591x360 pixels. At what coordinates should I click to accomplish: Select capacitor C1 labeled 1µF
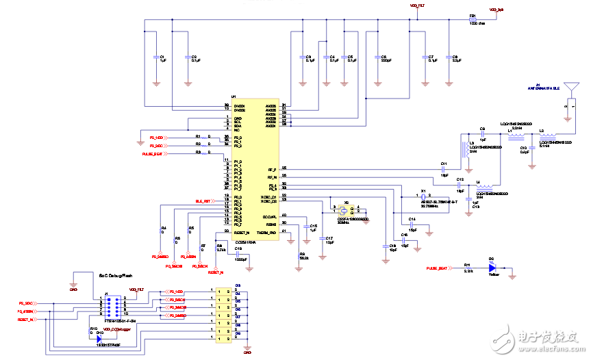click(157, 58)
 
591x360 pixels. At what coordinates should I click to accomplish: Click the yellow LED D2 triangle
click(492, 270)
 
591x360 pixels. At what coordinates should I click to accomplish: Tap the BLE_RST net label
click(203, 201)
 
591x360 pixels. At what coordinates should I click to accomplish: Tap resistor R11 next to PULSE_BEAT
click(467, 270)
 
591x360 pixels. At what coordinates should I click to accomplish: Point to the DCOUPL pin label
click(268, 216)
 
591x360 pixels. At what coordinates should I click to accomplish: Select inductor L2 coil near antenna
click(546, 135)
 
